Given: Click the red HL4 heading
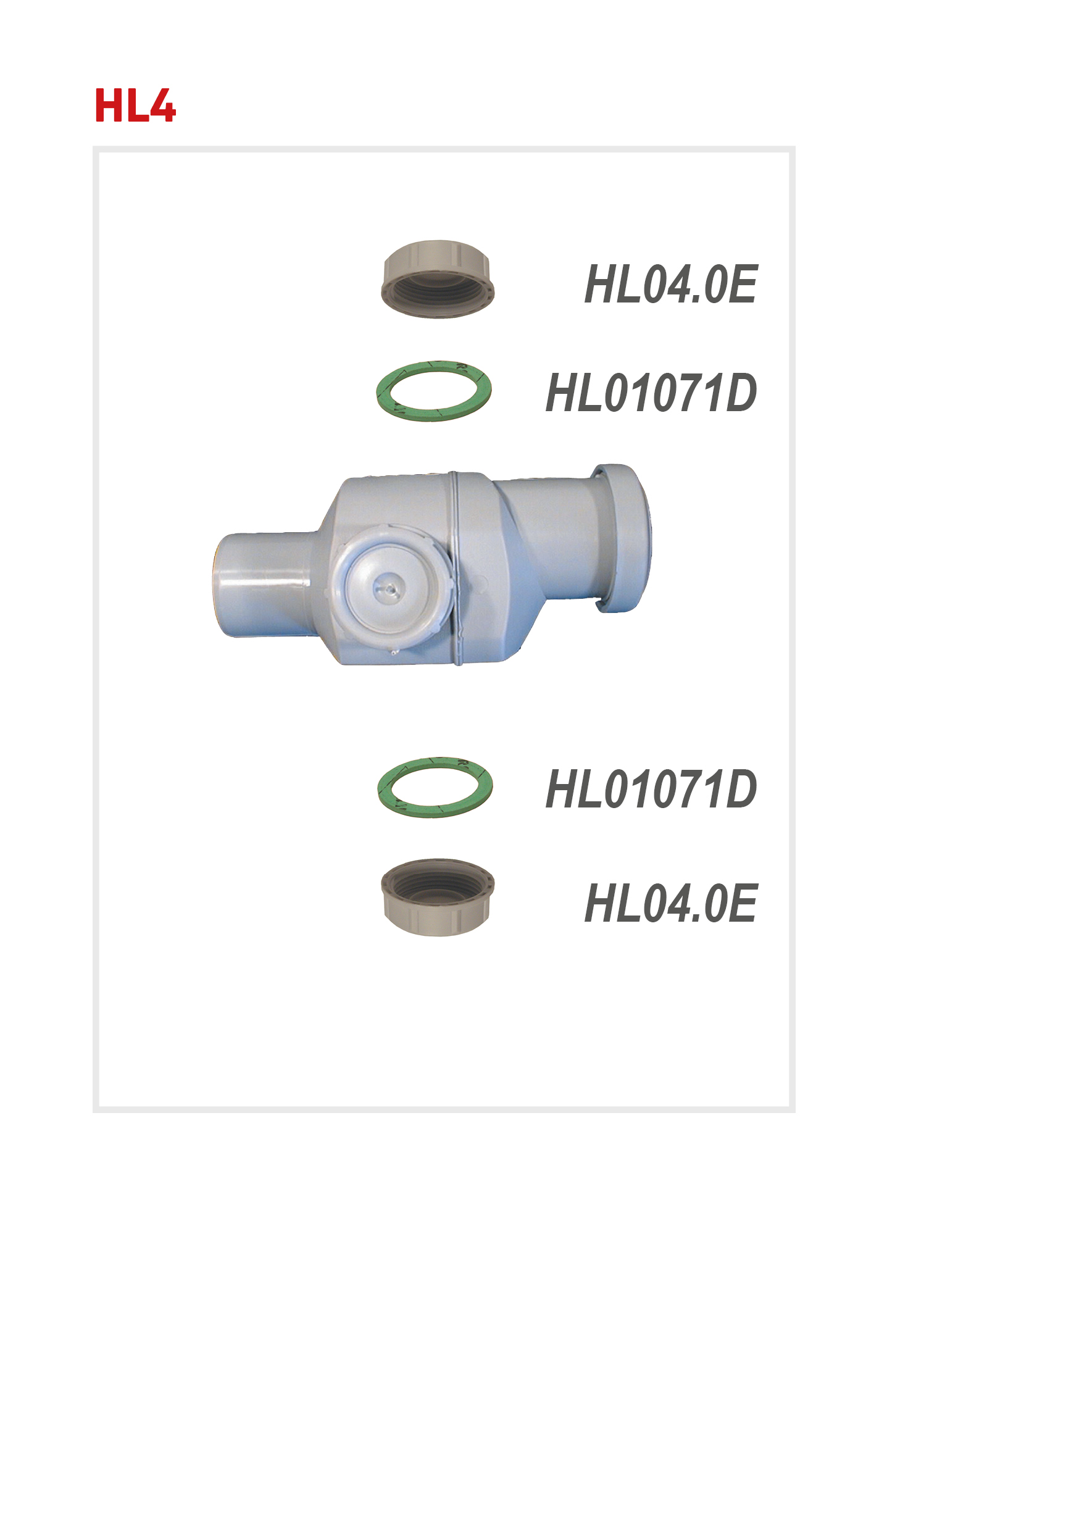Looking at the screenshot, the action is click(135, 106).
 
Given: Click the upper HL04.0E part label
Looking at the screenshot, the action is click(670, 284).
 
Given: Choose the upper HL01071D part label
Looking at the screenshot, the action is click(651, 393).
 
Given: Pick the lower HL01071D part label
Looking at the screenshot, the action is click(651, 789).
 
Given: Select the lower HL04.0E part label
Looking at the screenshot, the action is click(670, 903).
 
